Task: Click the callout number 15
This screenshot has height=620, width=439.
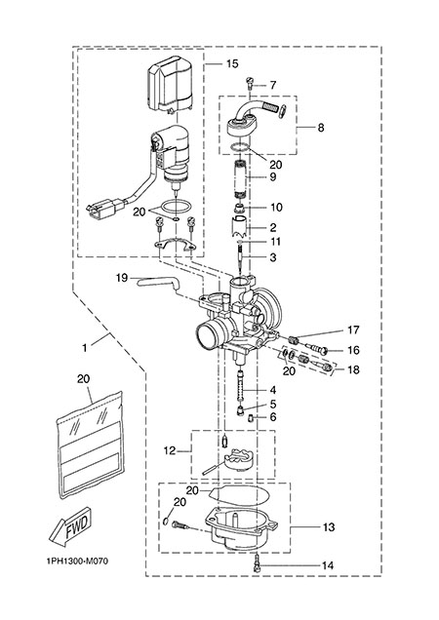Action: click(x=232, y=63)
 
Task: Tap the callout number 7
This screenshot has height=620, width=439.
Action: click(x=273, y=85)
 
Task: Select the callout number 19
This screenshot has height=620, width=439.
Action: click(x=122, y=278)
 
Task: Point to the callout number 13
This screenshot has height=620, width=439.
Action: click(x=329, y=527)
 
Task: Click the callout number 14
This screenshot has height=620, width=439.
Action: click(x=328, y=565)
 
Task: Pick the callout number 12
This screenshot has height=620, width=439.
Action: click(x=170, y=450)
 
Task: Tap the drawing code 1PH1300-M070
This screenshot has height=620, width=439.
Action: click(x=77, y=562)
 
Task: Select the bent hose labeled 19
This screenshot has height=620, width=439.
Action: click(x=158, y=283)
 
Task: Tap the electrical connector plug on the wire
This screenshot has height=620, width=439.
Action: click(x=104, y=208)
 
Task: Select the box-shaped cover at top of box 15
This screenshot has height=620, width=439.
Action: click(x=170, y=85)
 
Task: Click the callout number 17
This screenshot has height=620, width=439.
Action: click(x=353, y=329)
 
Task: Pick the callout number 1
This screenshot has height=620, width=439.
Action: click(x=84, y=348)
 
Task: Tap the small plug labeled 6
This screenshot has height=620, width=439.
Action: click(x=252, y=418)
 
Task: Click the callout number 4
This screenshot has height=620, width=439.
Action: click(x=273, y=390)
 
